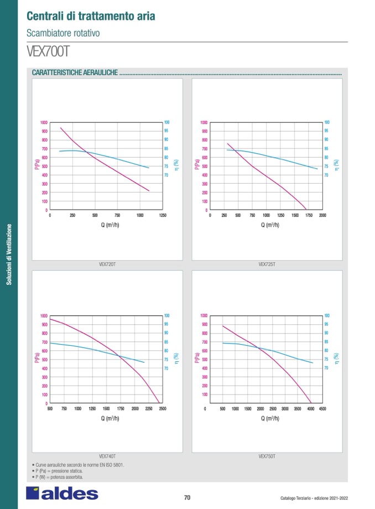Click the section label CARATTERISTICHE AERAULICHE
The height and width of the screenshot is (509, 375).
(x=75, y=73)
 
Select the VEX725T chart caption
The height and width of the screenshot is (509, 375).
(x=267, y=264)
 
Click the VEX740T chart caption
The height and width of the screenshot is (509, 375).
(x=107, y=456)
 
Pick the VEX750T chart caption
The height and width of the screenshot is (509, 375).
(x=267, y=456)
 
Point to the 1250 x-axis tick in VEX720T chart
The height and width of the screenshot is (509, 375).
(x=162, y=215)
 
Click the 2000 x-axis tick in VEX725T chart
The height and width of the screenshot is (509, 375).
(x=323, y=215)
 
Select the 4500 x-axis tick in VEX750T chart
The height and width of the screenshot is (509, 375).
(x=323, y=408)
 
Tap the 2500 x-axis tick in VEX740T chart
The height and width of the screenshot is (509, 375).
(x=162, y=408)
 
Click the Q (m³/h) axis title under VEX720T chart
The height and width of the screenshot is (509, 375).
(x=107, y=225)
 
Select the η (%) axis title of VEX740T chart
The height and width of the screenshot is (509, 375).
(x=176, y=359)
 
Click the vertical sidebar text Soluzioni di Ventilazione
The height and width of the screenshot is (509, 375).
(x=9, y=254)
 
